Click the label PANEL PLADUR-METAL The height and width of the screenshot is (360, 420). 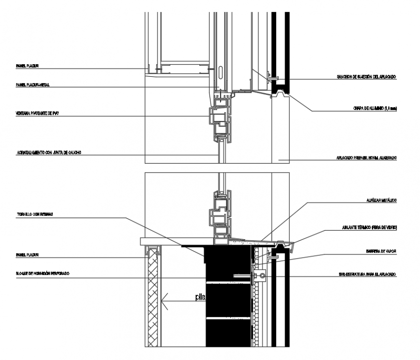tap(33, 85)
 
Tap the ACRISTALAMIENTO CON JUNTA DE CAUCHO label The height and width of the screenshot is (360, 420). tap(48, 152)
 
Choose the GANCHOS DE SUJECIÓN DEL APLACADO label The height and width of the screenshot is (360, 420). tap(366, 77)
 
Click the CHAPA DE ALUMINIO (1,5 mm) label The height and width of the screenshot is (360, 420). tap(374, 109)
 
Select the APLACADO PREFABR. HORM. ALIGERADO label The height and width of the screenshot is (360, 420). tap(366, 158)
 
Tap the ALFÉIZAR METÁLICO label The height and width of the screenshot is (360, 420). tap(381, 200)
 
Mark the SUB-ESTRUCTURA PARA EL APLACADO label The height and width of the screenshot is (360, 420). tap(367, 274)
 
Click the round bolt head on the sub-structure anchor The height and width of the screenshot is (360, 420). tap(262, 277)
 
